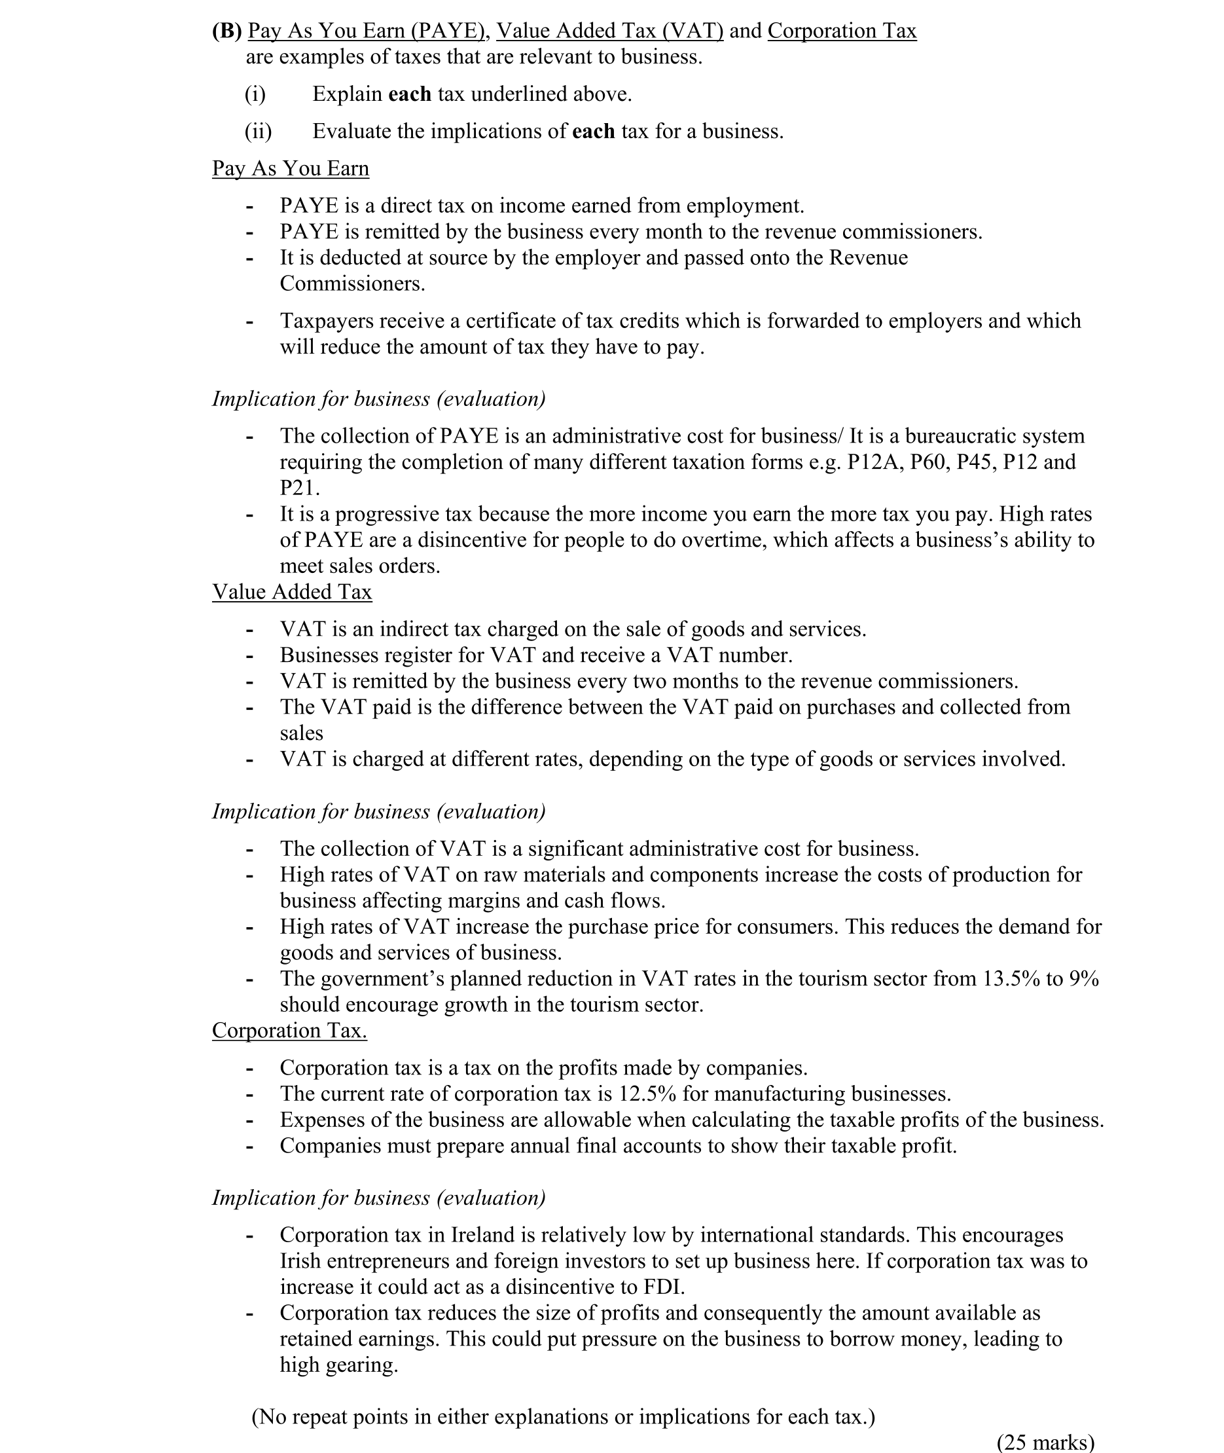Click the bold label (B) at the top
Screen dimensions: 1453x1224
(x=226, y=31)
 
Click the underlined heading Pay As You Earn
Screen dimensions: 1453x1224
(x=290, y=169)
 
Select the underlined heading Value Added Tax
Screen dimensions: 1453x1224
(x=291, y=592)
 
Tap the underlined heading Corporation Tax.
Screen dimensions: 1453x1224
(x=289, y=1031)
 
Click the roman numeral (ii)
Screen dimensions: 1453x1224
(x=258, y=131)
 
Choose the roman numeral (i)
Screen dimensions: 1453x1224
(x=255, y=94)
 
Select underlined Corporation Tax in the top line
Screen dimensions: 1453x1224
(x=842, y=31)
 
